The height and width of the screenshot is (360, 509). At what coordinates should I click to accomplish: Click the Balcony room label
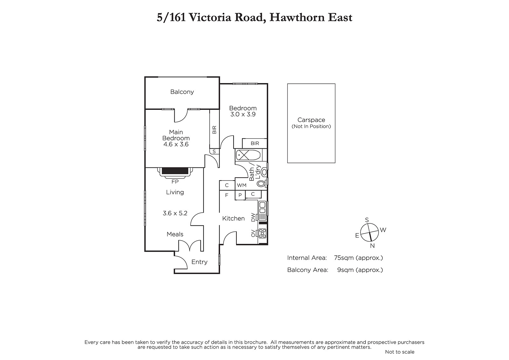(x=182, y=92)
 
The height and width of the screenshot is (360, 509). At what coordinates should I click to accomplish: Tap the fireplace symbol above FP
(x=175, y=172)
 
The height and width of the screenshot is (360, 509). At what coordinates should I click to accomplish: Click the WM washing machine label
(x=241, y=185)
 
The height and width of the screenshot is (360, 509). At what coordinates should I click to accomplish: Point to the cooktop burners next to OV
(x=262, y=233)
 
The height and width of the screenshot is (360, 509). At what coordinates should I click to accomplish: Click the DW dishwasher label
(x=253, y=217)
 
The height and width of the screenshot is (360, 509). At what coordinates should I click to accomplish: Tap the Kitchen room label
(x=234, y=219)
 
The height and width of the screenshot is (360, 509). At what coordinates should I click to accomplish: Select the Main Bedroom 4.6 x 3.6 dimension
(x=176, y=144)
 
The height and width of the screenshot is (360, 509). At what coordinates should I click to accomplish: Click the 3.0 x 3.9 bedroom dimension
(x=243, y=114)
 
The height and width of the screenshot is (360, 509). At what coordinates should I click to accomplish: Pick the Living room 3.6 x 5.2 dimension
(x=175, y=213)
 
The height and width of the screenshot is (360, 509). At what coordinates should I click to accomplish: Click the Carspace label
(x=311, y=120)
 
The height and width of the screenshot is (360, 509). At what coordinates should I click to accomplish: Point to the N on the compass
(x=372, y=246)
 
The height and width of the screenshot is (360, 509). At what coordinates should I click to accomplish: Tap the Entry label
(x=199, y=262)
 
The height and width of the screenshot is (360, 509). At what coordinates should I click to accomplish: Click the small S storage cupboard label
(x=214, y=152)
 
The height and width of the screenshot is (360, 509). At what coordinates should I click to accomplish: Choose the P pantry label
(x=240, y=195)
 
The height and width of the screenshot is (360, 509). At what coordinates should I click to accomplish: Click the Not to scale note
(x=400, y=352)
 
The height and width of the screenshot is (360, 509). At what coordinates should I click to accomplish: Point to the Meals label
(x=175, y=234)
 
